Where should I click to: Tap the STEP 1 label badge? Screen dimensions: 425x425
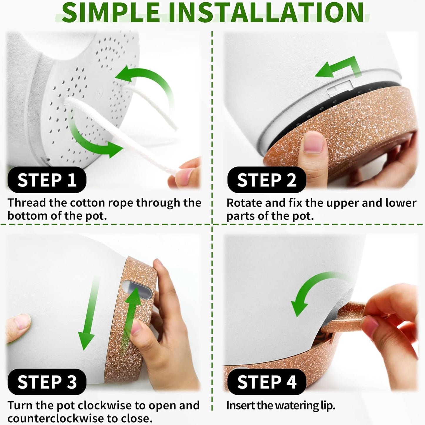[x=47, y=180]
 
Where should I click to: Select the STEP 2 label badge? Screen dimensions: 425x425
[x=267, y=180]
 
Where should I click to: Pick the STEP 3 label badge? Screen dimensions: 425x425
[x=47, y=382]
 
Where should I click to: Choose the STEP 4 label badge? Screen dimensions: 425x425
[x=267, y=382]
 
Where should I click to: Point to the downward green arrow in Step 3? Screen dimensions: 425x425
[x=89, y=313]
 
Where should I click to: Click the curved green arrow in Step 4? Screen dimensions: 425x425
[x=309, y=287]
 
